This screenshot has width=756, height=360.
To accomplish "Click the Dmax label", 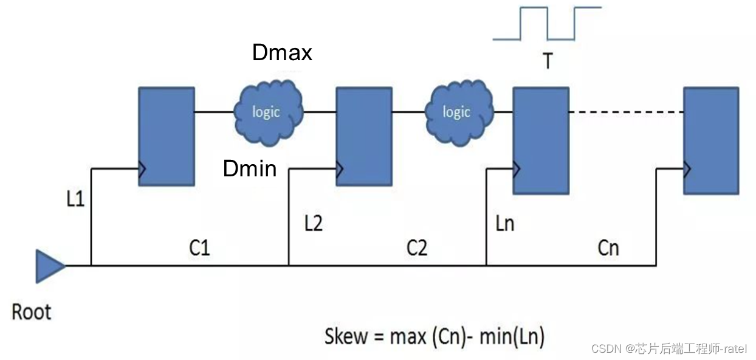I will [282, 53].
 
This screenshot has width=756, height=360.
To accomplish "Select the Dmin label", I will [250, 168].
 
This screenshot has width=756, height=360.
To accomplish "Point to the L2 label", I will [313, 224].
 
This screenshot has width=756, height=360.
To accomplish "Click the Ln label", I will [504, 223].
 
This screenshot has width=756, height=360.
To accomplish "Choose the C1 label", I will [199, 247].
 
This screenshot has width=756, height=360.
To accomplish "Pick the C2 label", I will [417, 247].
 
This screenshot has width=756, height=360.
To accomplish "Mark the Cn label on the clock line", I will [608, 247].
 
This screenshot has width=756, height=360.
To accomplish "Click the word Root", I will [32, 313].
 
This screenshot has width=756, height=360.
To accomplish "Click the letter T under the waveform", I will [547, 61].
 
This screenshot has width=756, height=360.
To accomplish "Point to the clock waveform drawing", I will [547, 23].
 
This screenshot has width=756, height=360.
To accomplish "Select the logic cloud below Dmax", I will [267, 111].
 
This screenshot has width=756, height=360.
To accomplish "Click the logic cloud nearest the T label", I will [457, 111].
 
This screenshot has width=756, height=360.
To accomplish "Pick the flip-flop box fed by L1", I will [167, 136].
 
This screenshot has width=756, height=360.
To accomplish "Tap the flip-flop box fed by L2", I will [364, 136].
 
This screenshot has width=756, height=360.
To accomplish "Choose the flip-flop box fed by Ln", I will [540, 140].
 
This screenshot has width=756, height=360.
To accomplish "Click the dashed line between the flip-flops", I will [626, 112].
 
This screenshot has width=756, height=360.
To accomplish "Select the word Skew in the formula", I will [346, 336].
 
